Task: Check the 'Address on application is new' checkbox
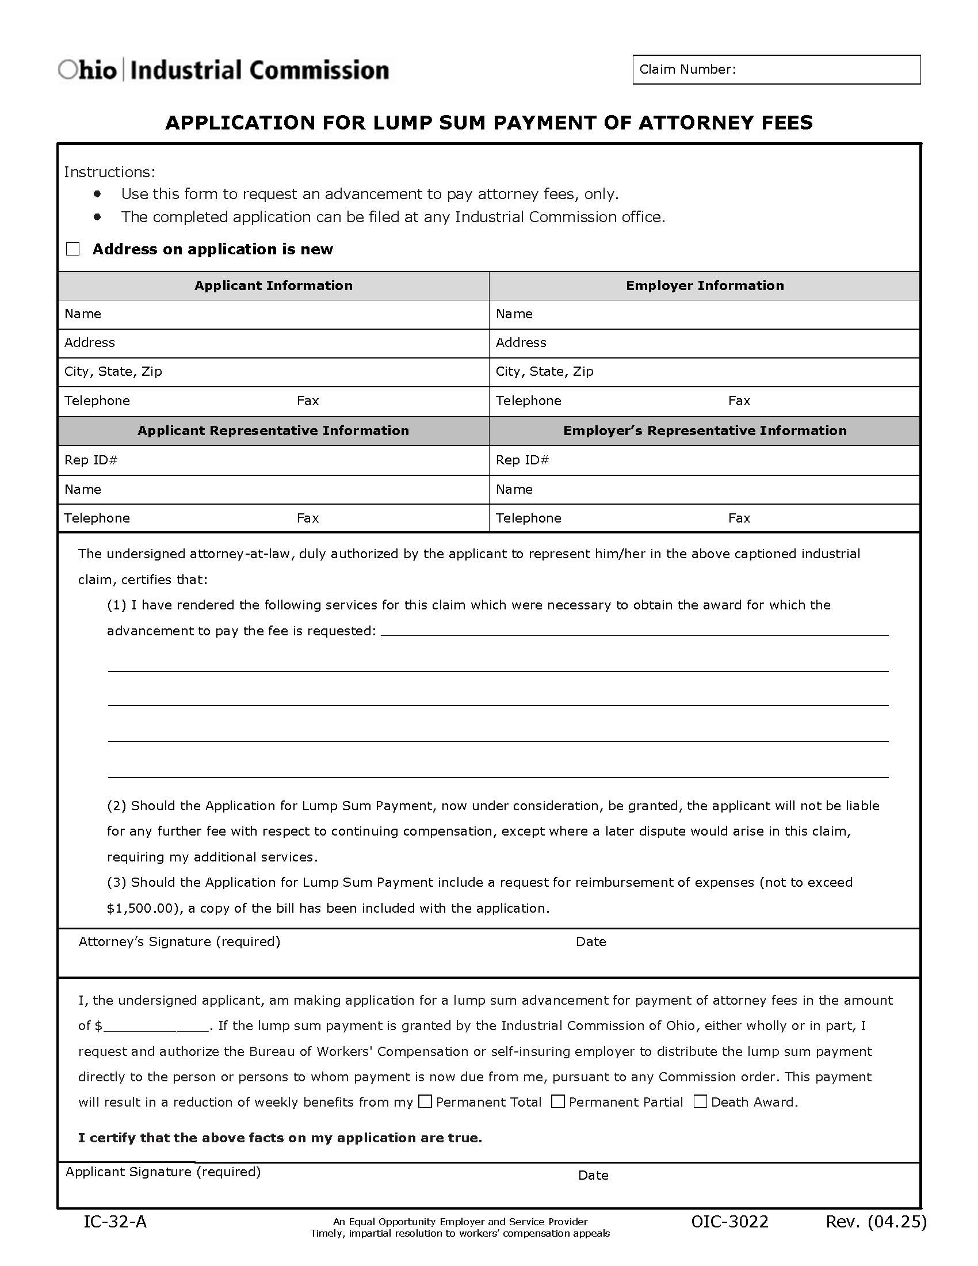pyautogui.click(x=73, y=249)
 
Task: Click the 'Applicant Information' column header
pyautogui.click(x=273, y=286)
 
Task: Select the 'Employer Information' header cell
pyautogui.click(x=705, y=286)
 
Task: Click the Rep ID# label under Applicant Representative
pyautogui.click(x=91, y=460)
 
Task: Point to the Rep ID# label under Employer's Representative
pyautogui.click(x=522, y=460)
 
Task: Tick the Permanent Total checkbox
pyautogui.click(x=425, y=1101)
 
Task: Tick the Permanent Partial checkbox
pyautogui.click(x=558, y=1101)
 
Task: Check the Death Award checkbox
pyautogui.click(x=701, y=1101)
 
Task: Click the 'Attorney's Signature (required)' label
pyautogui.click(x=179, y=942)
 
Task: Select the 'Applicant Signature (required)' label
pyautogui.click(x=163, y=1172)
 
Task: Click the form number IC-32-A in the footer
pyautogui.click(x=115, y=1222)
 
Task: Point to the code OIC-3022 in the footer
pyautogui.click(x=729, y=1222)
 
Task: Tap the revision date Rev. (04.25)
pyautogui.click(x=876, y=1222)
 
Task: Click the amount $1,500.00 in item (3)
pyautogui.click(x=141, y=908)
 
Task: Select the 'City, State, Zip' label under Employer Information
pyautogui.click(x=545, y=372)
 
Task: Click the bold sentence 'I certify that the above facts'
pyautogui.click(x=280, y=1138)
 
